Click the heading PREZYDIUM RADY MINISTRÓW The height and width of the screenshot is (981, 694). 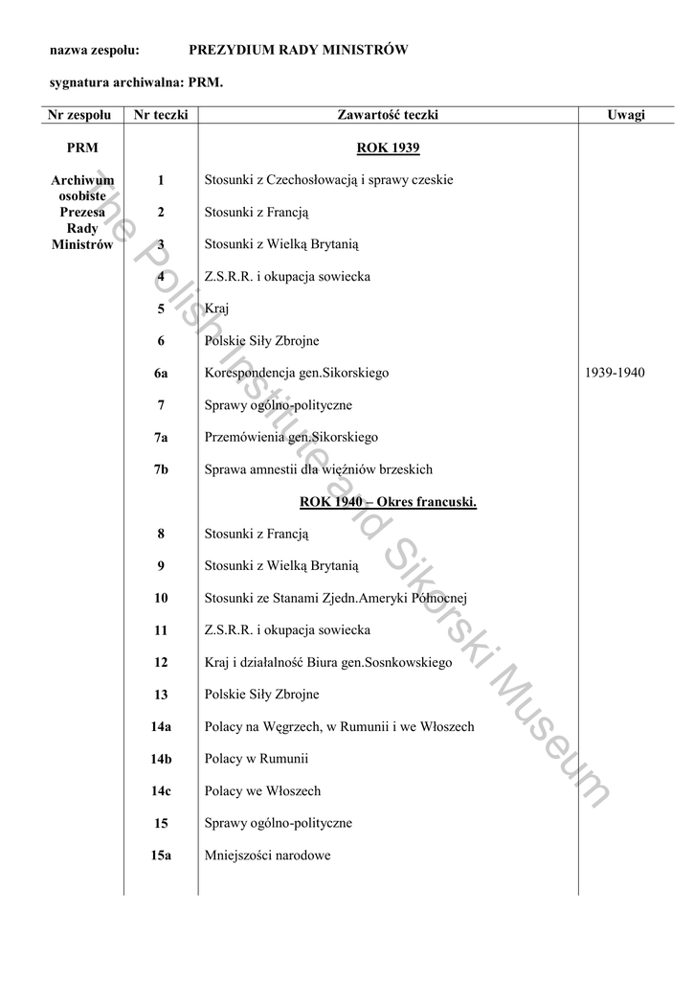tap(299, 50)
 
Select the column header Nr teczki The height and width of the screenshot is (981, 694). tap(161, 115)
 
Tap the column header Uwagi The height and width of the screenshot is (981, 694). tap(626, 115)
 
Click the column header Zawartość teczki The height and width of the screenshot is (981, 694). tap(388, 115)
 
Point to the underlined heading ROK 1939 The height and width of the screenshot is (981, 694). tap(388, 148)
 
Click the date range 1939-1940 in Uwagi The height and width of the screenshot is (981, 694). tap(615, 373)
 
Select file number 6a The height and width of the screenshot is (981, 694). tap(161, 373)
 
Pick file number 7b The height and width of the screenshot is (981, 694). tap(161, 469)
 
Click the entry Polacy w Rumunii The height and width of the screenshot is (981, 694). tap(257, 759)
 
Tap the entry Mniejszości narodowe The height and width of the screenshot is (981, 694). tap(267, 856)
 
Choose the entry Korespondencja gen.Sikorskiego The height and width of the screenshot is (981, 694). tap(297, 373)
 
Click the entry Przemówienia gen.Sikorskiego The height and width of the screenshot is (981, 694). tap(291, 437)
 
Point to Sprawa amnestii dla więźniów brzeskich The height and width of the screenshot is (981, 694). tap(318, 469)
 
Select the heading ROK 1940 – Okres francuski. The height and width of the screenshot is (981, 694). tap(388, 502)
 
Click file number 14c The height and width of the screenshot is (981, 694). tap(161, 791)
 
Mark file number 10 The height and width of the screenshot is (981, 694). tap(161, 598)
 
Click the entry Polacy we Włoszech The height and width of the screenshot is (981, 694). tap(262, 791)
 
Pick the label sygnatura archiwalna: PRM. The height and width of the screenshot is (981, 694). tap(136, 82)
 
